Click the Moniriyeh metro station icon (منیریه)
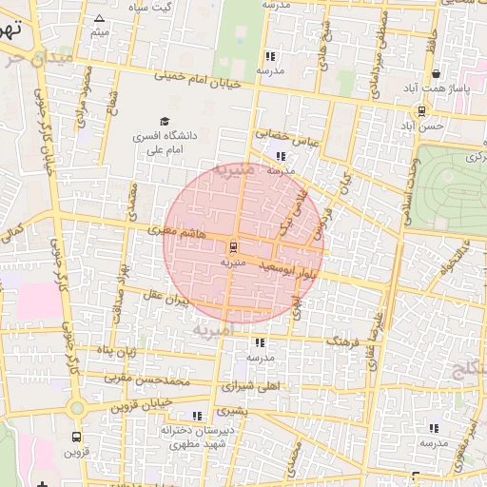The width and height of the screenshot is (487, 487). click(234, 246)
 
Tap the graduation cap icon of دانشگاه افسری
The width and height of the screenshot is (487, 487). click(166, 122)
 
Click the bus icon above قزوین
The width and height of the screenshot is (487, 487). click(76, 437)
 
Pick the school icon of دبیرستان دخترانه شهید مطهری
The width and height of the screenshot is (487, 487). click(197, 416)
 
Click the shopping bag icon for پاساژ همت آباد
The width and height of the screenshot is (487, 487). click(436, 74)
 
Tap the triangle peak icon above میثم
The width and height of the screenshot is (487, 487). click(100, 18)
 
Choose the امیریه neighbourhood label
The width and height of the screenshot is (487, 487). click(210, 329)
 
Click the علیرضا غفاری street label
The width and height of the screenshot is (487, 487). click(380, 328)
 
